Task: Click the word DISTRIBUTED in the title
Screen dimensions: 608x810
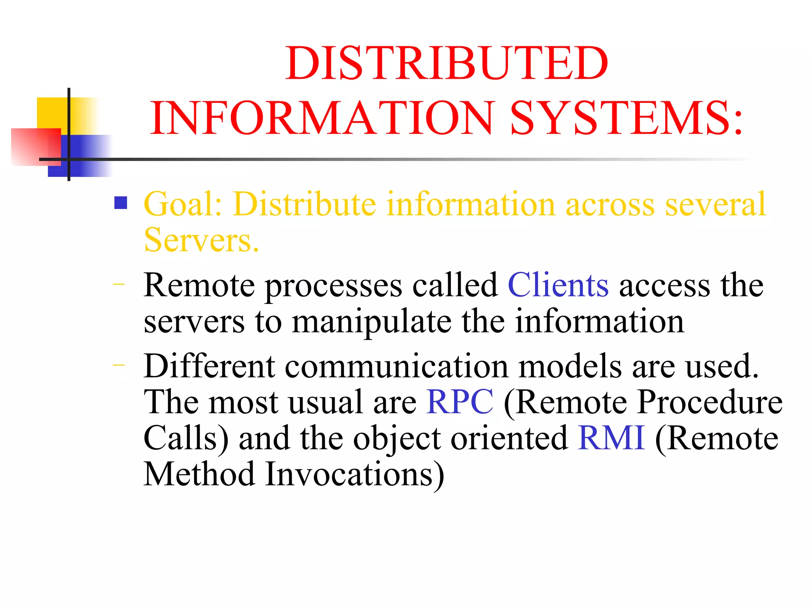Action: (447, 63)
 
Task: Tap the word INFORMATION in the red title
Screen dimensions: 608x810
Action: (322, 118)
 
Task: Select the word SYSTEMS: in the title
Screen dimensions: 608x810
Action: (627, 118)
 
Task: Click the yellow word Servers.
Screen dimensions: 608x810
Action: (201, 240)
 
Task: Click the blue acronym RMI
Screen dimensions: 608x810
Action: (611, 438)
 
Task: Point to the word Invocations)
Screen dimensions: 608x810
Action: (355, 475)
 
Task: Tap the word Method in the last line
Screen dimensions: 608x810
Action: (199, 474)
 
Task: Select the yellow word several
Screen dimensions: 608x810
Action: (715, 204)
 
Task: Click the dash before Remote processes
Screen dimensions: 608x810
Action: (118, 284)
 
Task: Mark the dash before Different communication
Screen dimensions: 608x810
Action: (118, 365)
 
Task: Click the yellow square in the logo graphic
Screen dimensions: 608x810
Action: (51, 113)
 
